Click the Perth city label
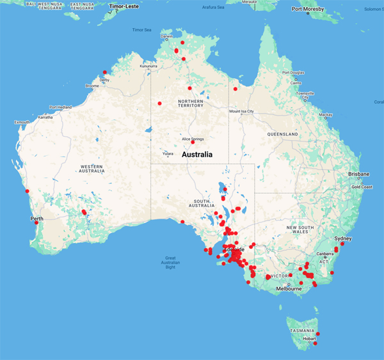pyautogui.click(x=36, y=219)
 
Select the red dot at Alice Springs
pyautogui.click(x=184, y=142)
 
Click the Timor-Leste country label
pyautogui.click(x=125, y=7)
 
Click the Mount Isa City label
pyautogui.click(x=242, y=111)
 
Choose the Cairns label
pyautogui.click(x=296, y=82)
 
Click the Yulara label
pyautogui.click(x=168, y=153)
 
